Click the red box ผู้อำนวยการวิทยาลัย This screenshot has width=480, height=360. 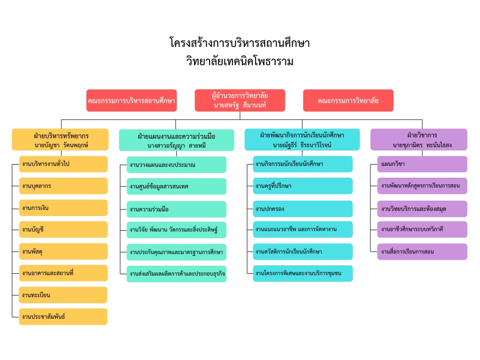coord(240,100)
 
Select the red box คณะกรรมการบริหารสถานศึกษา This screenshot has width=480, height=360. coord(132,100)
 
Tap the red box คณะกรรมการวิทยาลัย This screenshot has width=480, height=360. coord(348,100)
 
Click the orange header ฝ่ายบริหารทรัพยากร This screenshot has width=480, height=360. coord(60,140)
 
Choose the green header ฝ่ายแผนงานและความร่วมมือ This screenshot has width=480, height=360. coord(177,140)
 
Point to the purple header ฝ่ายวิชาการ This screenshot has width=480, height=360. coord(419,140)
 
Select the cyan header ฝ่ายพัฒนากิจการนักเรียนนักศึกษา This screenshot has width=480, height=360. coord(302,140)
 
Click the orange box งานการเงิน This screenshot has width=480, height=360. coord(63,208)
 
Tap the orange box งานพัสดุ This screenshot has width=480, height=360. coord(63,251)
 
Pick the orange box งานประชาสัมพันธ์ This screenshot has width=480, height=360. coord(63,316)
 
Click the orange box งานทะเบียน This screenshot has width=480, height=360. coord(63,295)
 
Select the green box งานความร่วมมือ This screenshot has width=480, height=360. coord(177,210)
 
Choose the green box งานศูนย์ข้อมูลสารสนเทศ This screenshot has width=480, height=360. coord(177,187)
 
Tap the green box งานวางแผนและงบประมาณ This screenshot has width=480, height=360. coord(177,165)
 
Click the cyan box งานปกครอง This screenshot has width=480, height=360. coord(303,209)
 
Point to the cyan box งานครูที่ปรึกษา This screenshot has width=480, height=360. coord(303,186)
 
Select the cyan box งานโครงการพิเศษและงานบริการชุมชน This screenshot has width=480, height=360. coord(303,273)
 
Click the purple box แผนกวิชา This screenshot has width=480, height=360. coord(422,164)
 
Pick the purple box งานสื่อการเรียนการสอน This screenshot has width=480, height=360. coord(422,252)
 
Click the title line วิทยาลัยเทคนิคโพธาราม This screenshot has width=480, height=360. coord(240,61)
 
